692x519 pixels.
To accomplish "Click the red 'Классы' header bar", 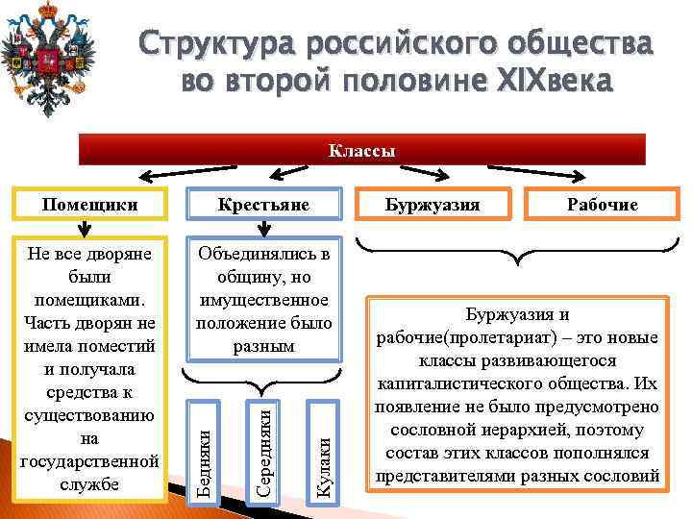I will (x=362, y=151).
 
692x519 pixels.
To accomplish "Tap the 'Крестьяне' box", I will (x=263, y=205).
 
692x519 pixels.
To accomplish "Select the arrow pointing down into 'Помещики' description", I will (x=86, y=229).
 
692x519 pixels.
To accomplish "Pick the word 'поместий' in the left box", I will (x=125, y=345).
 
